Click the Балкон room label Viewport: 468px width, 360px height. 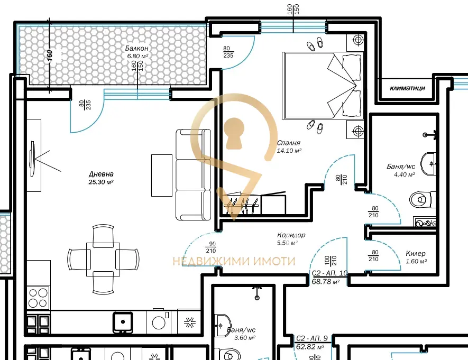pos(136,48)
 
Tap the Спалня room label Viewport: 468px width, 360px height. pos(289,143)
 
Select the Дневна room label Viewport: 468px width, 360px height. pos(101,174)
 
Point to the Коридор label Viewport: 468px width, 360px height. pos(291,235)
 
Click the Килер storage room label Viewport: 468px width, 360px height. pos(416,254)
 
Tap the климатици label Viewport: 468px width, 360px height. pos(407,88)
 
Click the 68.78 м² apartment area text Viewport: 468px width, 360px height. pos(326,282)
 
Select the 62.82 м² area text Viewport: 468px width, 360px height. pos(310,347)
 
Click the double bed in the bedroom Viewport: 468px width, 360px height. pos(323,86)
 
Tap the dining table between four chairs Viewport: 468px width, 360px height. pos(103,260)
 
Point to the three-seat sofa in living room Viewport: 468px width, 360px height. pos(193,174)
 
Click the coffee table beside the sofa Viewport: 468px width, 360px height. pos(162,176)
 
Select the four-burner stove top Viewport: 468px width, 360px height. pos(38,298)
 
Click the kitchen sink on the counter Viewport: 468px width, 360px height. pos(123,321)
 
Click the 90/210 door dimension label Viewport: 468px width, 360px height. pos(211,247)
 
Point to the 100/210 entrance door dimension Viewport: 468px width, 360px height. pos(331,261)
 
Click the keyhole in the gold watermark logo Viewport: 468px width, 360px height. pos(235,133)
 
